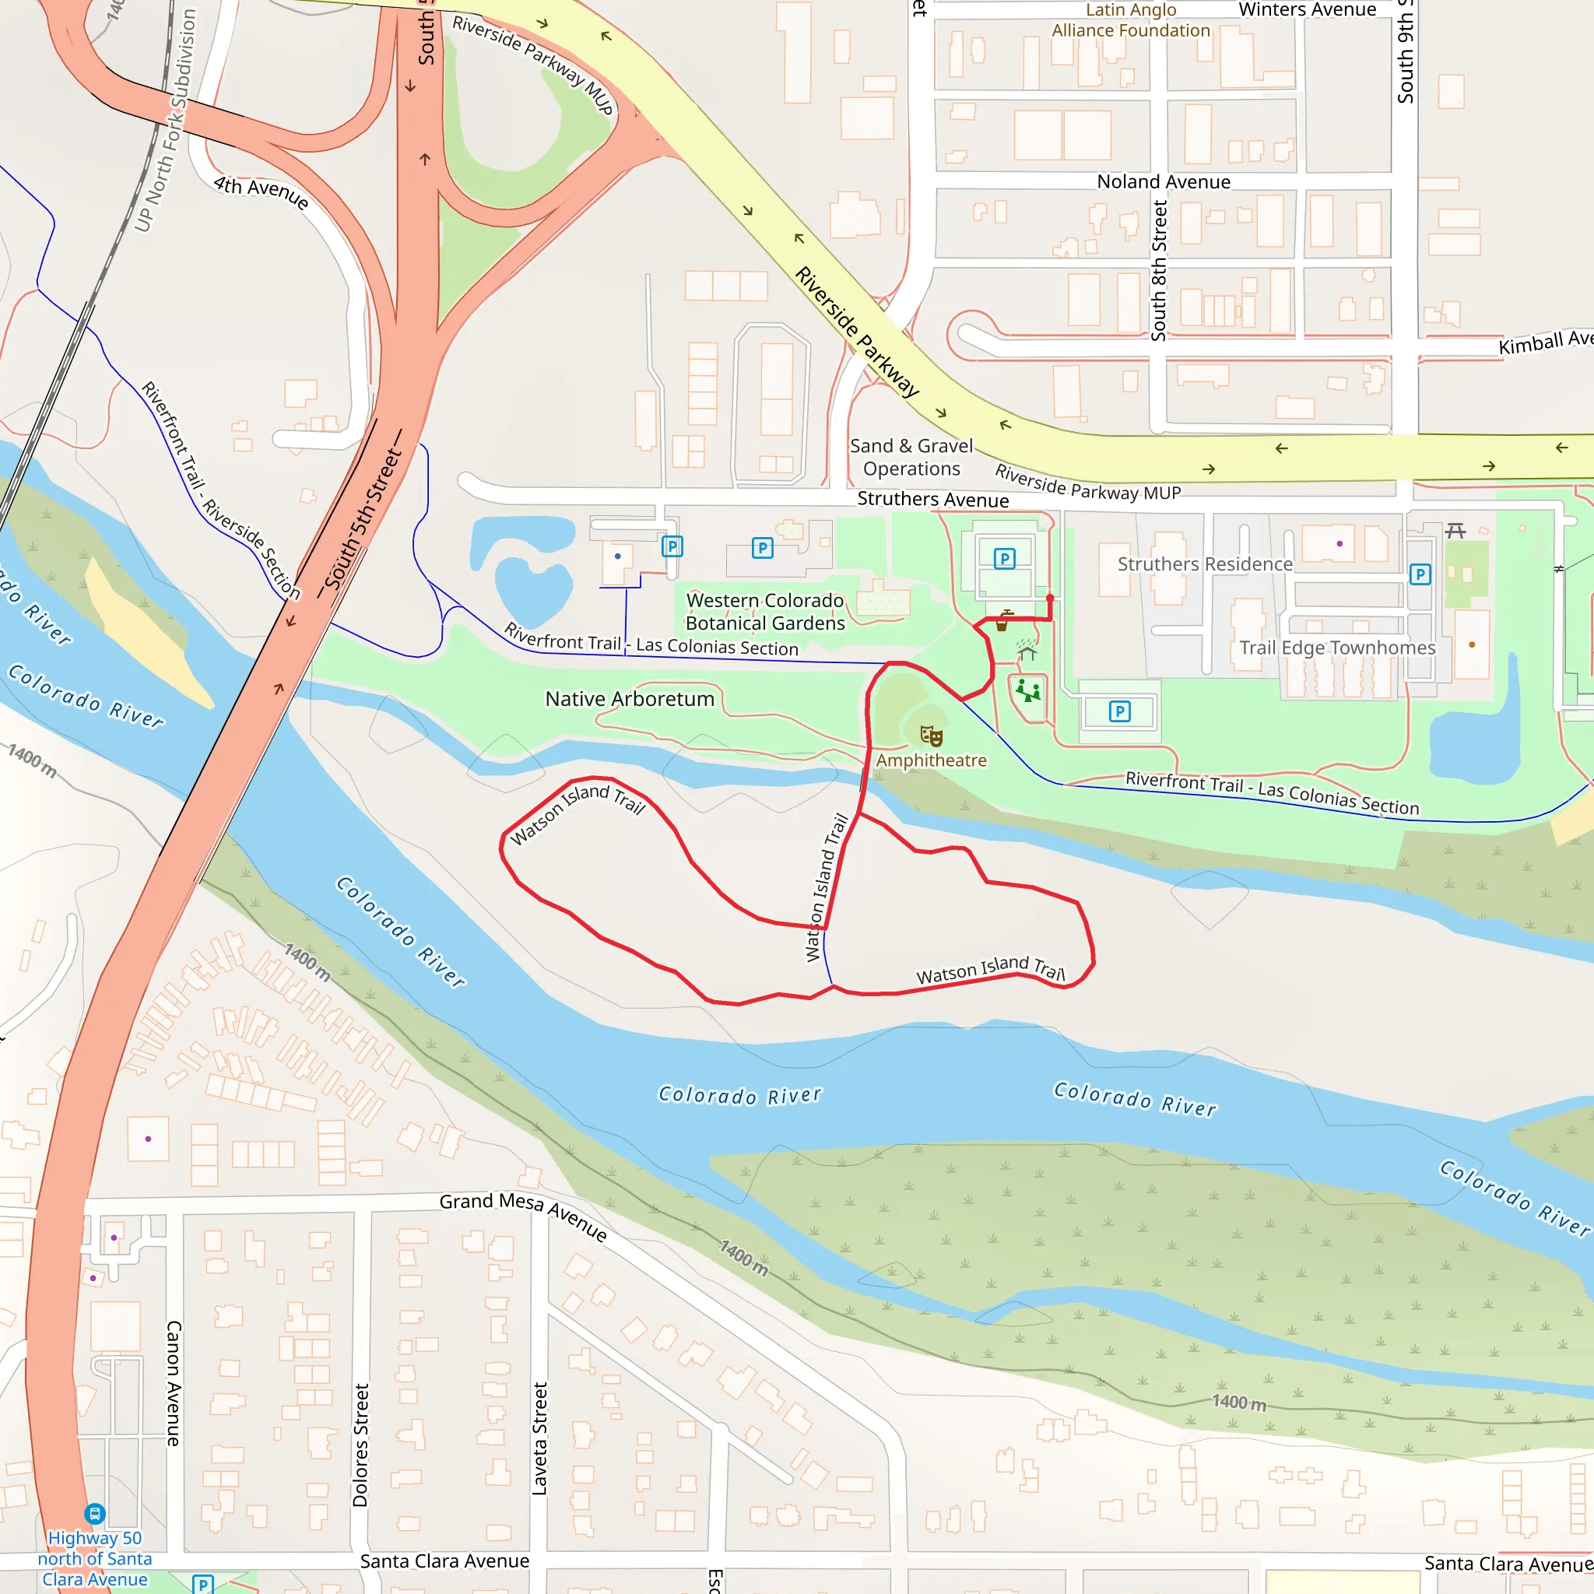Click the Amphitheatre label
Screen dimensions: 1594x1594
(x=931, y=760)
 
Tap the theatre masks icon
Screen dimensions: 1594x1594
(x=931, y=734)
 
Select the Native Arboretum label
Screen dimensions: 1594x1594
(x=630, y=699)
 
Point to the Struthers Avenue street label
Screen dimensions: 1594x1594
(x=932, y=499)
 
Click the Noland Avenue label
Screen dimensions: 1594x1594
(x=1164, y=181)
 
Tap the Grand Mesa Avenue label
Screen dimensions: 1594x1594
(x=523, y=1214)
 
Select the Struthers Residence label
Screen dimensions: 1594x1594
(x=1205, y=564)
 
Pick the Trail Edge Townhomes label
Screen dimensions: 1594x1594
(x=1336, y=648)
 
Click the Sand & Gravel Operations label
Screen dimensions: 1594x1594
(x=911, y=457)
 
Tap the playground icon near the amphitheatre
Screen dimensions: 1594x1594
(x=1028, y=690)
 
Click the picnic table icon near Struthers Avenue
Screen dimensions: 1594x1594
(x=1455, y=531)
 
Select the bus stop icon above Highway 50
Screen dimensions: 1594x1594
(x=95, y=1514)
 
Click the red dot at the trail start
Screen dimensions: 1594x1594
(x=1049, y=597)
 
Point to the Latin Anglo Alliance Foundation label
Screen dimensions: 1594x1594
(x=1130, y=21)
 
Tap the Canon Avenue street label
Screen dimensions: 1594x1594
(x=174, y=1383)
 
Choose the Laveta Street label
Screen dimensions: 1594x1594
(x=539, y=1438)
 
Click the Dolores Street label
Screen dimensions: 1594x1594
(x=360, y=1445)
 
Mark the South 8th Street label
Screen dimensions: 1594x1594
(x=1158, y=271)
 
